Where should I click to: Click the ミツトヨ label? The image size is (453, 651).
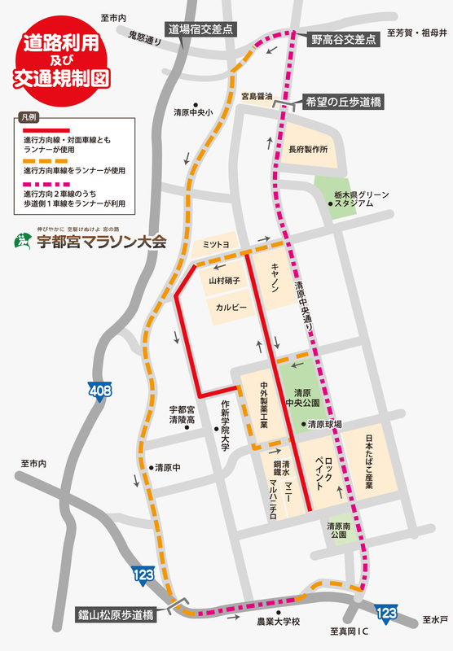(216, 243)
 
